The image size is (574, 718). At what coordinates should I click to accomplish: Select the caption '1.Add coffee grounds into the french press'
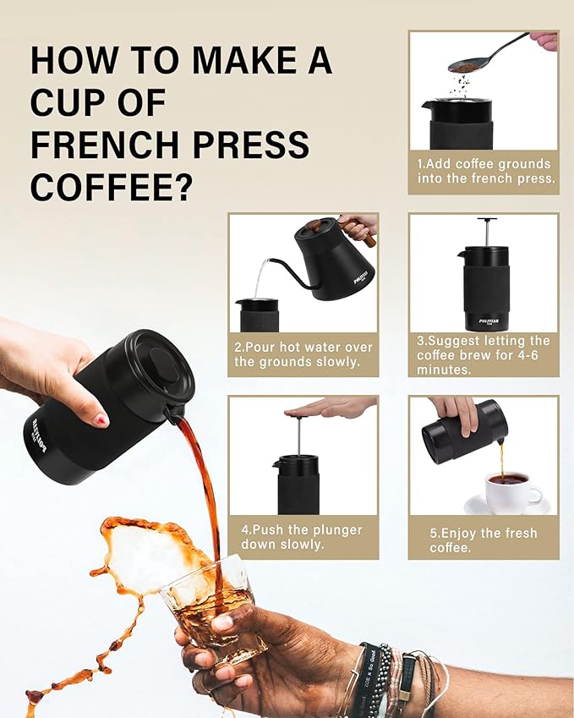pyautogui.click(x=484, y=172)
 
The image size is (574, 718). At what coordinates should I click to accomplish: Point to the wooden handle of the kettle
pyautogui.click(x=369, y=238)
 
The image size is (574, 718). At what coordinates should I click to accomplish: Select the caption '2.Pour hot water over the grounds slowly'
pyautogui.click(x=303, y=354)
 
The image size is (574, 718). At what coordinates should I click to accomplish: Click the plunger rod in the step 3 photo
pyautogui.click(x=486, y=232)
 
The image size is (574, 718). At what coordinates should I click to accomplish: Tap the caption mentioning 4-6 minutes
pyautogui.click(x=483, y=354)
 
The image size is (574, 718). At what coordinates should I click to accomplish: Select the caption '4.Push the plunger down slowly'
pyautogui.click(x=301, y=537)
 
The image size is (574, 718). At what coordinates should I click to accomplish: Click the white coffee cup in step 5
pyautogui.click(x=510, y=490)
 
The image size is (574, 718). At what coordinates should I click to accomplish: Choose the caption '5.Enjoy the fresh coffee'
pyautogui.click(x=483, y=540)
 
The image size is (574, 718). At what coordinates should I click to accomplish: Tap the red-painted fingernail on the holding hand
pyautogui.click(x=101, y=419)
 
